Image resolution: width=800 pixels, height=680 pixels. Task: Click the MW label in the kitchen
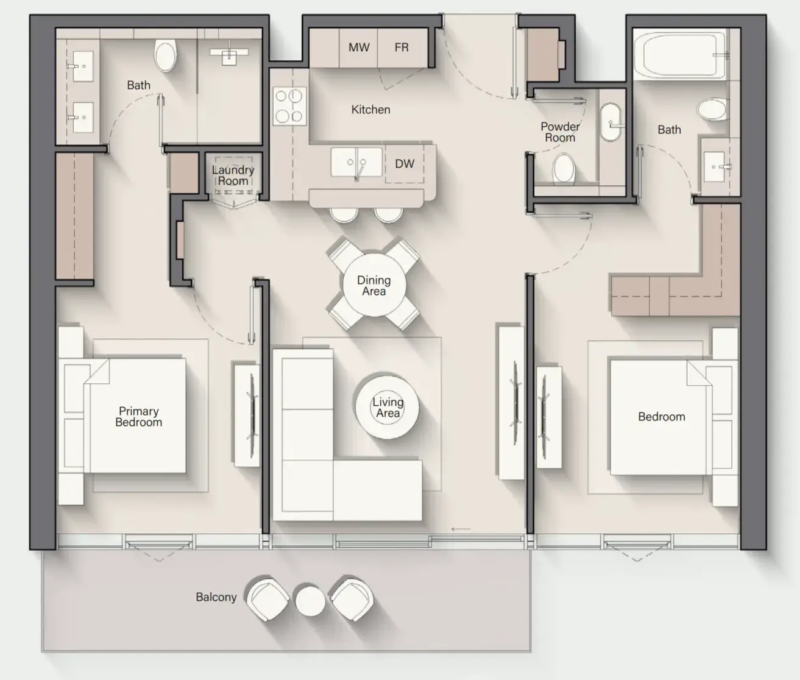pos(359,47)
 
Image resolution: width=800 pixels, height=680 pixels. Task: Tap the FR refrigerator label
pos(402,47)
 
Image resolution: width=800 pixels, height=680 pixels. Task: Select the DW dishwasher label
pos(405,164)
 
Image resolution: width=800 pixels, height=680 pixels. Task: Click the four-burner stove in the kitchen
pos(289,105)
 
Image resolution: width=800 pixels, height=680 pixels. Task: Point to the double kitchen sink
pos(356,162)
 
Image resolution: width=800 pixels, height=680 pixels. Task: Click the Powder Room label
pos(560,132)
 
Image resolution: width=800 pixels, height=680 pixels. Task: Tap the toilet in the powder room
pos(563,168)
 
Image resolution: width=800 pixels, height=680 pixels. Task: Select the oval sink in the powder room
pos(611,121)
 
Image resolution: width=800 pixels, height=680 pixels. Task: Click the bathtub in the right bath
pos(684,55)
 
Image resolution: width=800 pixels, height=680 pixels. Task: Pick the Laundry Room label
pos(233,175)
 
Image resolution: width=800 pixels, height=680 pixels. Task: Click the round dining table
pos(374,285)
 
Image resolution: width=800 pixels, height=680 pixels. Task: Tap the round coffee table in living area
pos(387,407)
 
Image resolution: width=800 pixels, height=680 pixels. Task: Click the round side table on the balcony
pos(310,601)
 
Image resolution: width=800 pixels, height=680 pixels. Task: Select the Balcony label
pos(216,597)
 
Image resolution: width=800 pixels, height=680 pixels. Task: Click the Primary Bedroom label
pos(138,416)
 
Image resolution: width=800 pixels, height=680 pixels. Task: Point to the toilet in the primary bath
pos(166,56)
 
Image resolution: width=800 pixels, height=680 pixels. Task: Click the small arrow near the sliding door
pos(461,529)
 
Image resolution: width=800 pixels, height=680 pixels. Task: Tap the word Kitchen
pos(370,110)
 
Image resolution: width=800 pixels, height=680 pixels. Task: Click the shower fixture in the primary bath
pos(230,55)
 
